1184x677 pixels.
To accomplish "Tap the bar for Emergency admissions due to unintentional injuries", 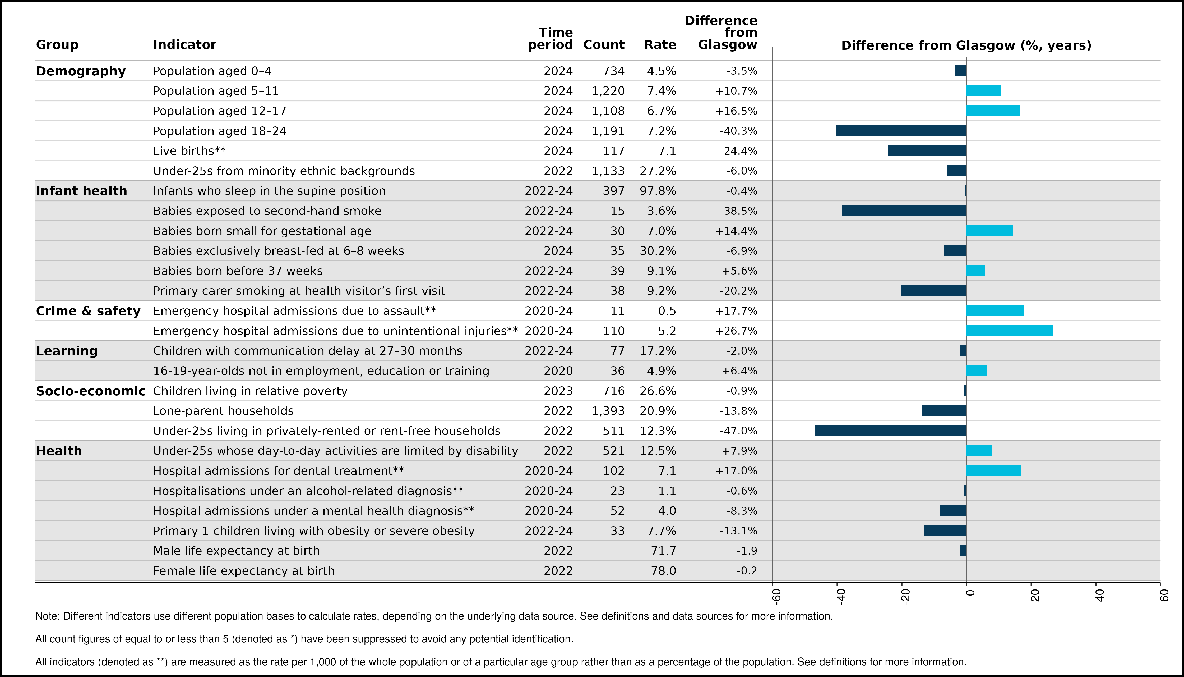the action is [1010, 331].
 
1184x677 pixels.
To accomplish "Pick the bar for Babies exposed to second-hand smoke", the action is [904, 211].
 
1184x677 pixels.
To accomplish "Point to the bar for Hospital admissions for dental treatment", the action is [994, 470].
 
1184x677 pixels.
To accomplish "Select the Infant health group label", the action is [81, 191].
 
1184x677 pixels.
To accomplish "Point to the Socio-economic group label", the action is [91, 391].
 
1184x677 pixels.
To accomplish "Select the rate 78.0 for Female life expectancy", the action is [664, 571].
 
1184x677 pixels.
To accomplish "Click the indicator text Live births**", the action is [189, 151].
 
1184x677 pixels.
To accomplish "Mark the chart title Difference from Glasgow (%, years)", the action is [966, 45].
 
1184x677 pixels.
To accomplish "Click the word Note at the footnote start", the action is [47, 616].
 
